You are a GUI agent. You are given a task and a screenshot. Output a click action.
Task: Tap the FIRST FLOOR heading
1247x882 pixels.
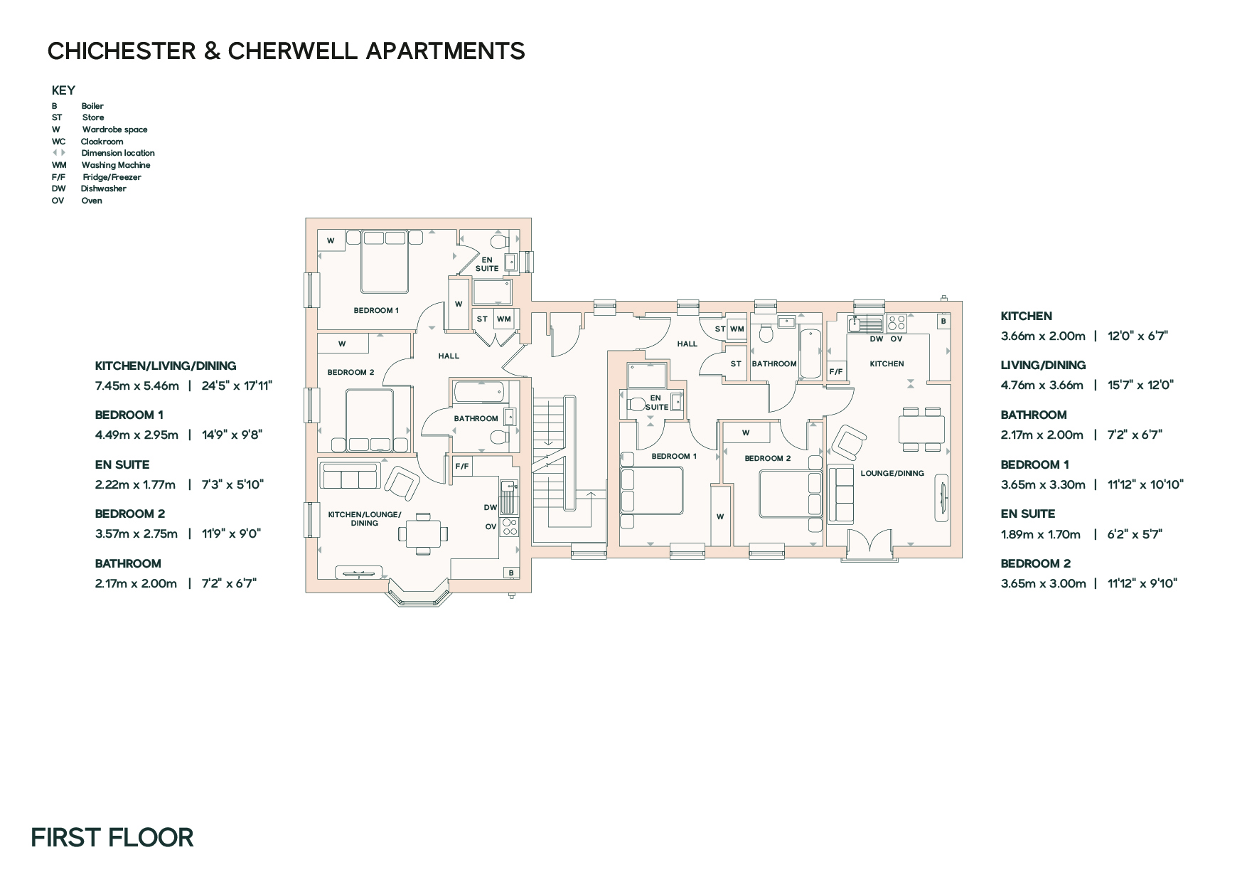112,837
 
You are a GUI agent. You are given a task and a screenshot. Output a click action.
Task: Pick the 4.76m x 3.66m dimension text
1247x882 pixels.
1042,385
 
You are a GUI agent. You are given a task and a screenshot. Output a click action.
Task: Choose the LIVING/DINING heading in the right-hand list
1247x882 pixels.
1043,365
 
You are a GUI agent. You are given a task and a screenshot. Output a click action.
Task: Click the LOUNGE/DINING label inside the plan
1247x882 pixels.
892,473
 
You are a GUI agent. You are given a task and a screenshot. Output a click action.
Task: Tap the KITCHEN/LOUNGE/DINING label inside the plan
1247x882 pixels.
365,519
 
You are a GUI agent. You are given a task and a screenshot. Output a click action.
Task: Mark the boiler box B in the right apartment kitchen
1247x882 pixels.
943,321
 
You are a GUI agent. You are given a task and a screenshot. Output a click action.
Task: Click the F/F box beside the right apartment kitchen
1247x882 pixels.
836,371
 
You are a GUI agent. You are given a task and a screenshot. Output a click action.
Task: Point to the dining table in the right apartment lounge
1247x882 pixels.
922,430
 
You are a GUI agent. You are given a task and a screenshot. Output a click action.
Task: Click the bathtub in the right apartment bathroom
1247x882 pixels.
810,353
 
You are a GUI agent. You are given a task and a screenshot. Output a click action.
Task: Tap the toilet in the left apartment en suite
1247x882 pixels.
500,241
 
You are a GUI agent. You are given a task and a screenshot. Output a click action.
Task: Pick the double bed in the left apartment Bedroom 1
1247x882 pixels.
385,261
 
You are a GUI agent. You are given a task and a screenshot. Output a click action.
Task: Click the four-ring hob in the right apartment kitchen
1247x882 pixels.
897,324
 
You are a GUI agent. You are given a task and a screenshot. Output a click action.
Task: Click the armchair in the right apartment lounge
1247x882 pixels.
849,442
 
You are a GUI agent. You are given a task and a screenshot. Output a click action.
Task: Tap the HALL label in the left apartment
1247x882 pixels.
449,356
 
